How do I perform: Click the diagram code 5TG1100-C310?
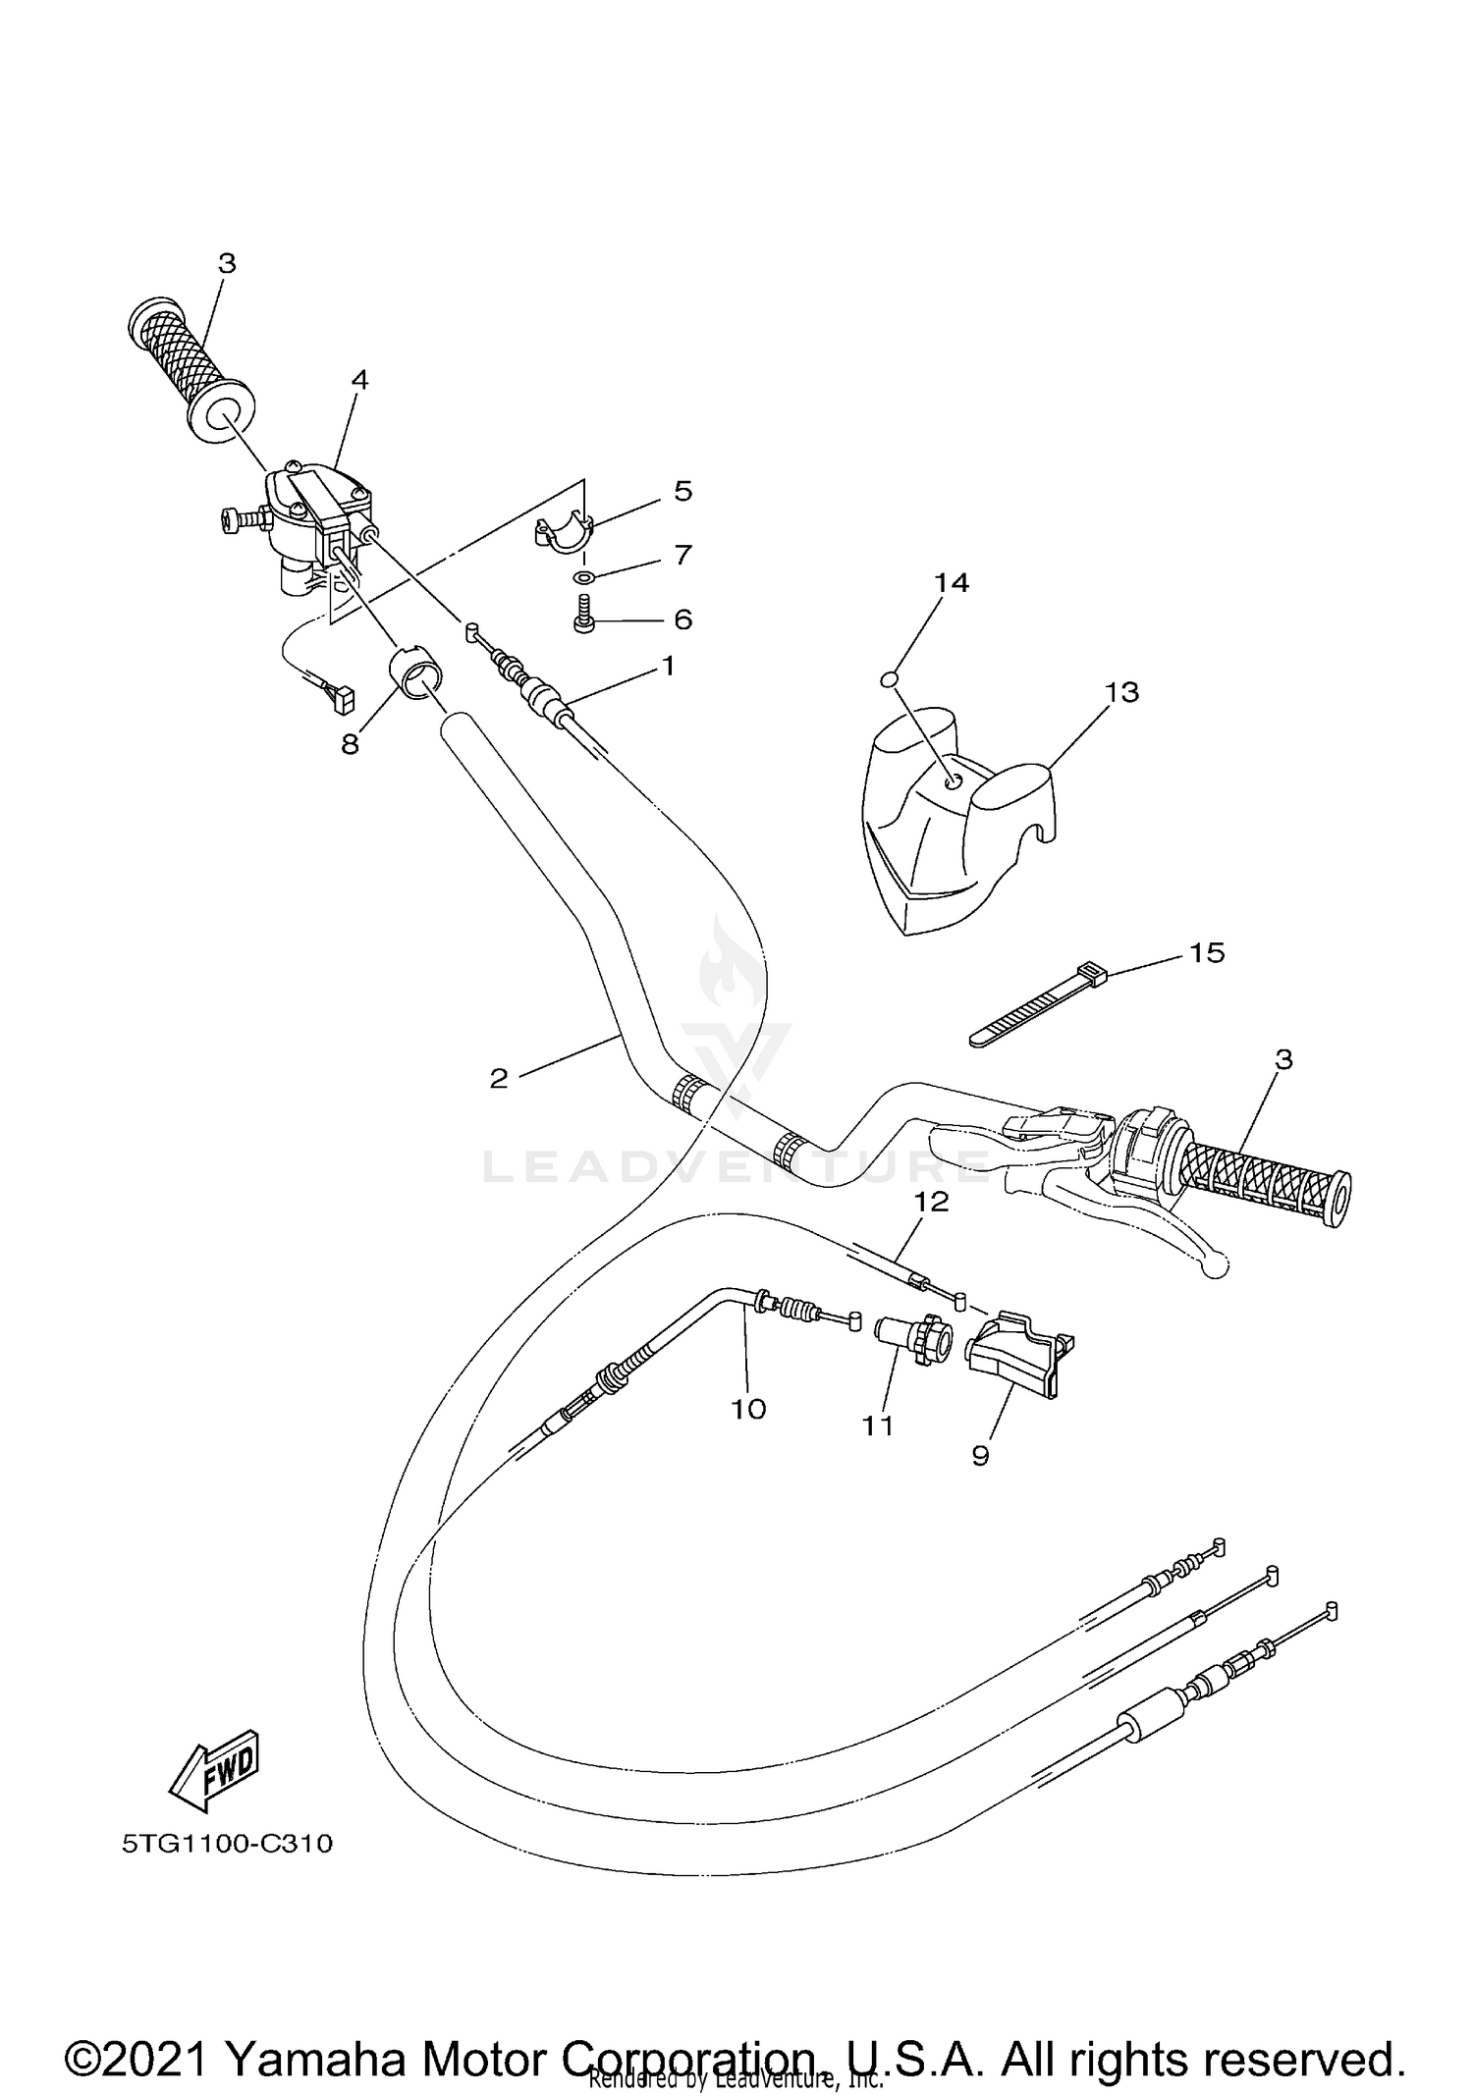227,1844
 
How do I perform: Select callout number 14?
951,583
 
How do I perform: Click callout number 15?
1207,952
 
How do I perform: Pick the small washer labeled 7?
583,577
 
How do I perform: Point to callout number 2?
499,1078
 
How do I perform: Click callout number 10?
747,1409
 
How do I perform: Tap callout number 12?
932,1202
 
